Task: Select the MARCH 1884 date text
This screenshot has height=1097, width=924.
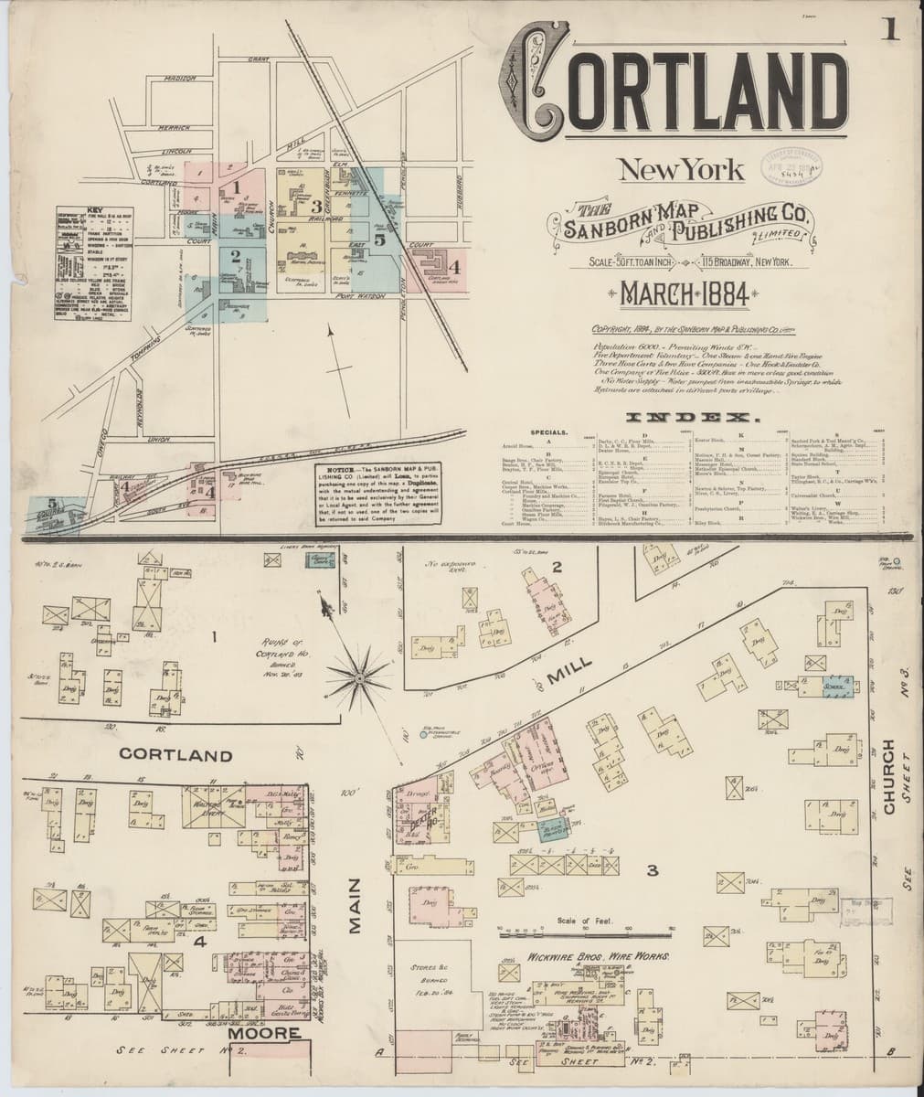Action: click(x=685, y=293)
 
